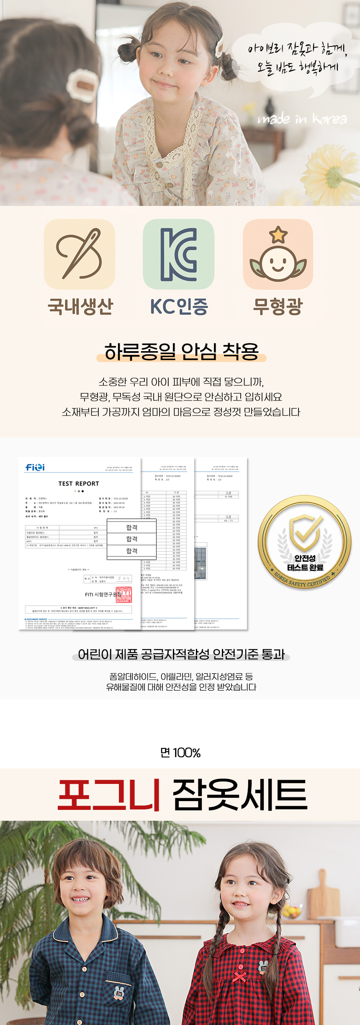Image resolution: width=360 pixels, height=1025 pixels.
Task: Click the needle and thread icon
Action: (80, 254)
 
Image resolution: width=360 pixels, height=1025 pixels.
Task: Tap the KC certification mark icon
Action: (179, 254)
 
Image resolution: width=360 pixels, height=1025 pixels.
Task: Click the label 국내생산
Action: (80, 306)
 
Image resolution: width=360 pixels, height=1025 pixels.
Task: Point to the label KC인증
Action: (179, 306)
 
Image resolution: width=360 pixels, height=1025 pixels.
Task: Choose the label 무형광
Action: (278, 306)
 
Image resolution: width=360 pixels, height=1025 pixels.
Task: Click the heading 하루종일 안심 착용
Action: (181, 352)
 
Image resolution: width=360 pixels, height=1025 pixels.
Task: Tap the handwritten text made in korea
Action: (302, 119)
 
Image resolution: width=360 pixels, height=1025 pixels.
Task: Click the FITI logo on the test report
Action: (35, 467)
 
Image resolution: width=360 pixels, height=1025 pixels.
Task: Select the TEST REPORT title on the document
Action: (79, 483)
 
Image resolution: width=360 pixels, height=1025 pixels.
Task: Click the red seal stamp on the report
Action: (123, 594)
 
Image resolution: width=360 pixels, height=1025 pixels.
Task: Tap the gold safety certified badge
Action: (305, 542)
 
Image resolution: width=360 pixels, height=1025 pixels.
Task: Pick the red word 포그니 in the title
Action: (109, 795)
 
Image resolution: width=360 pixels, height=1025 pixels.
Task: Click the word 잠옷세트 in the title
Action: (240, 795)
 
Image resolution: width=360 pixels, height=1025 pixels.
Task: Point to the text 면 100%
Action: (180, 753)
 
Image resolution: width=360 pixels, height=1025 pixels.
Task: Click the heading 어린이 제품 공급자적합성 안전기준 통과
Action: (181, 654)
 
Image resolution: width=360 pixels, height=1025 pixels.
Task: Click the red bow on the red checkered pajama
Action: (239, 977)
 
